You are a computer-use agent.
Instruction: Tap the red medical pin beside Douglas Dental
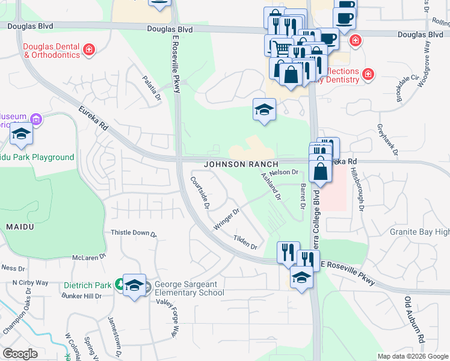click(89, 49)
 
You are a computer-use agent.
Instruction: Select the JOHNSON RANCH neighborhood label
click(241, 164)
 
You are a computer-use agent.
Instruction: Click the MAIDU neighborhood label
click(20, 226)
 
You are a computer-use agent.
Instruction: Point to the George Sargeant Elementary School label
click(189, 289)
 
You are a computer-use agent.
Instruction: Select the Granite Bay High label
click(419, 232)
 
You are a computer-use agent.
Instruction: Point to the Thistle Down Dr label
click(134, 233)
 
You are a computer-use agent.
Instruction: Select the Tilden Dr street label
click(246, 242)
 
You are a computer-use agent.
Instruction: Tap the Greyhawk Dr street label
click(387, 140)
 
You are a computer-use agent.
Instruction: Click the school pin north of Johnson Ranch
click(263, 110)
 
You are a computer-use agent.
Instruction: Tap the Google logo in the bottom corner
click(20, 354)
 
